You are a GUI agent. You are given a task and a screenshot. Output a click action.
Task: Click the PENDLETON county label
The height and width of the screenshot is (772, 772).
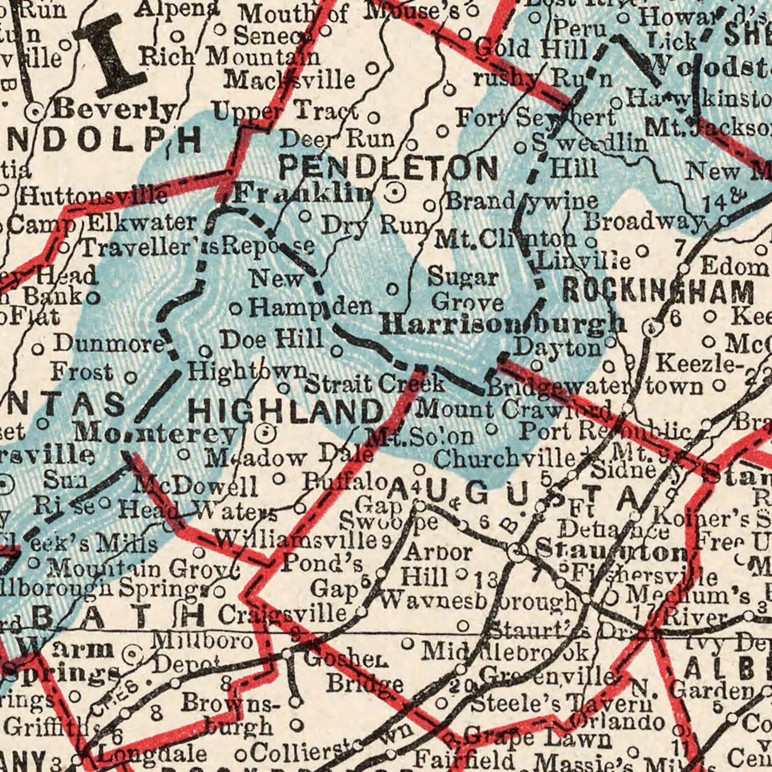[388, 168]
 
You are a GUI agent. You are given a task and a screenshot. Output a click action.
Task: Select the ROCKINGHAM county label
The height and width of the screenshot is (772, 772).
[658, 292]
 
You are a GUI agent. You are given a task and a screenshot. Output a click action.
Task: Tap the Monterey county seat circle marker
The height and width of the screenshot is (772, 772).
[266, 433]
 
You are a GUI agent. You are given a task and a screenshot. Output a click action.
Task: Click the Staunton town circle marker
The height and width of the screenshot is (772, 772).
[517, 552]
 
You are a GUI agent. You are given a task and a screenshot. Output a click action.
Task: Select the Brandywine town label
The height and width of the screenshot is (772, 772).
[521, 201]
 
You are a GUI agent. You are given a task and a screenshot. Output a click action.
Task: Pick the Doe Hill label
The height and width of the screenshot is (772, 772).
[272, 339]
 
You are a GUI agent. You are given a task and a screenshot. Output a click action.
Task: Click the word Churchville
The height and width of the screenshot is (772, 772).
[504, 458]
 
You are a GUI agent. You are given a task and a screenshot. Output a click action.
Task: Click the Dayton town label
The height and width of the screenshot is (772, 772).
[557, 348]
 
